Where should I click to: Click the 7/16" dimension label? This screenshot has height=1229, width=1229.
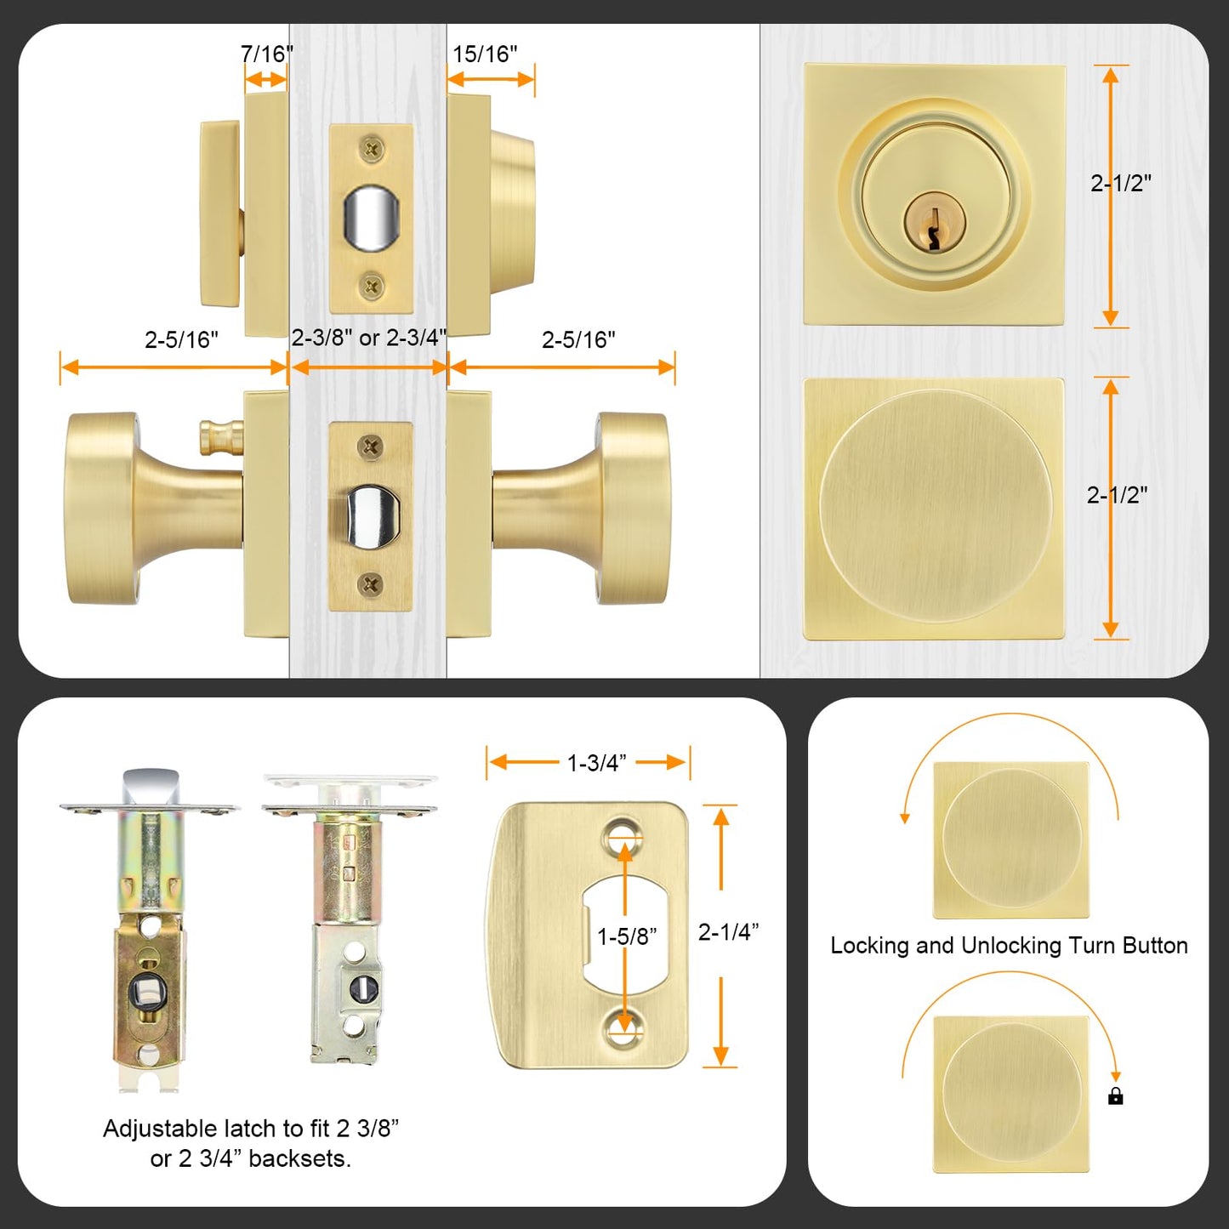click(266, 54)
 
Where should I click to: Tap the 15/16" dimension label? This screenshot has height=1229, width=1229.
click(484, 54)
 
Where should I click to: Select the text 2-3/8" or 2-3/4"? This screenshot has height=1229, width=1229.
click(368, 338)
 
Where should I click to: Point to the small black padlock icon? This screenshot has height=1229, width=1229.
click(1116, 1096)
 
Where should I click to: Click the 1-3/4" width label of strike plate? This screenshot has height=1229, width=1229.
click(596, 763)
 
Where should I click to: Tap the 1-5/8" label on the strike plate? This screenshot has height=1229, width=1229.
click(627, 936)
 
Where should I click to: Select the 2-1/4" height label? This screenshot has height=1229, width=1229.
click(728, 932)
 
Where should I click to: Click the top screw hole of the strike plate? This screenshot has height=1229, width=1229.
click(623, 836)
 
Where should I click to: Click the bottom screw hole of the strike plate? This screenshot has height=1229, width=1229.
click(623, 1030)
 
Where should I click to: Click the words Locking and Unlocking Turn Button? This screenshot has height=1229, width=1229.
click(1009, 946)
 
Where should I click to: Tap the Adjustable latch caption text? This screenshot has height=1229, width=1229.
click(251, 1143)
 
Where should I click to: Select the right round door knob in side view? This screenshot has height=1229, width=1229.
click(631, 509)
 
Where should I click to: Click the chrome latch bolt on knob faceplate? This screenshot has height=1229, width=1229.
click(371, 517)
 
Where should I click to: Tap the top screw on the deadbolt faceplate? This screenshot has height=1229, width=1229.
click(372, 150)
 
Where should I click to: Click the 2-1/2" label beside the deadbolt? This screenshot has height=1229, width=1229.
click(1121, 183)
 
